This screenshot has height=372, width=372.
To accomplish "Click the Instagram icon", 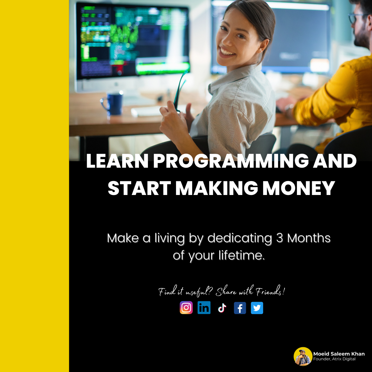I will pyautogui.click(x=186, y=308).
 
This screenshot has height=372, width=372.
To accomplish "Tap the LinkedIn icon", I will pyautogui.click(x=204, y=308).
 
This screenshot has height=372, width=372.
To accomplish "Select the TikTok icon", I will pyautogui.click(x=222, y=308).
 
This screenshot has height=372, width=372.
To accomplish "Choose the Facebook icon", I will pyautogui.click(x=240, y=308).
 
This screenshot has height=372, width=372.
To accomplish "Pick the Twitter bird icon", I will pyautogui.click(x=257, y=308).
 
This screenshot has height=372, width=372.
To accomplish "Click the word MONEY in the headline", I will pyautogui.click(x=299, y=188).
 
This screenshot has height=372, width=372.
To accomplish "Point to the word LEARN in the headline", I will pyautogui.click(x=117, y=161).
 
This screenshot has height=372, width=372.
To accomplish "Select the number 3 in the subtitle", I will pyautogui.click(x=279, y=238).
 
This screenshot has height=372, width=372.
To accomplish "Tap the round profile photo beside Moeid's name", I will pyautogui.click(x=303, y=356).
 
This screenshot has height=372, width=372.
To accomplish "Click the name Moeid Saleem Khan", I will pyautogui.click(x=339, y=354).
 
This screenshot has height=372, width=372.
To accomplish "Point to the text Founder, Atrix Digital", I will pyautogui.click(x=334, y=359).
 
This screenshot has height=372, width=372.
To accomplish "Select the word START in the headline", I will pyautogui.click(x=139, y=188).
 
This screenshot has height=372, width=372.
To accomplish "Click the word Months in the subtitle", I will pyautogui.click(x=309, y=238).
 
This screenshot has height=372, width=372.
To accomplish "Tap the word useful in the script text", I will pyautogui.click(x=198, y=292).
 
